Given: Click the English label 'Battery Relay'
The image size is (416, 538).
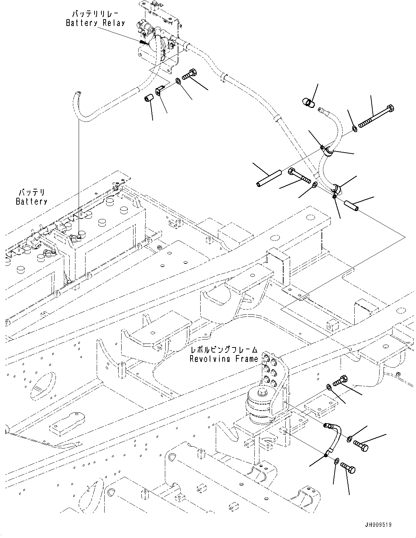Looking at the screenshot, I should click(95, 23).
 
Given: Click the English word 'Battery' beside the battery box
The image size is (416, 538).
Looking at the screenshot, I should click(31, 201).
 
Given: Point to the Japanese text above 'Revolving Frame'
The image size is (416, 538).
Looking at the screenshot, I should click(224, 350).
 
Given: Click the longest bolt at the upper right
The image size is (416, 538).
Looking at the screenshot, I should click(376, 117).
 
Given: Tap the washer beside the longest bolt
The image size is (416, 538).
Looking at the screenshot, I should click(355, 128).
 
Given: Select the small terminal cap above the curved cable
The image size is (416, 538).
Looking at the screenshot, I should click(307, 103).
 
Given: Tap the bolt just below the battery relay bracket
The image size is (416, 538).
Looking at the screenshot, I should click(189, 75).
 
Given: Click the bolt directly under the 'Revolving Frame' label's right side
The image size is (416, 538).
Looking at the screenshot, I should click(339, 380).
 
